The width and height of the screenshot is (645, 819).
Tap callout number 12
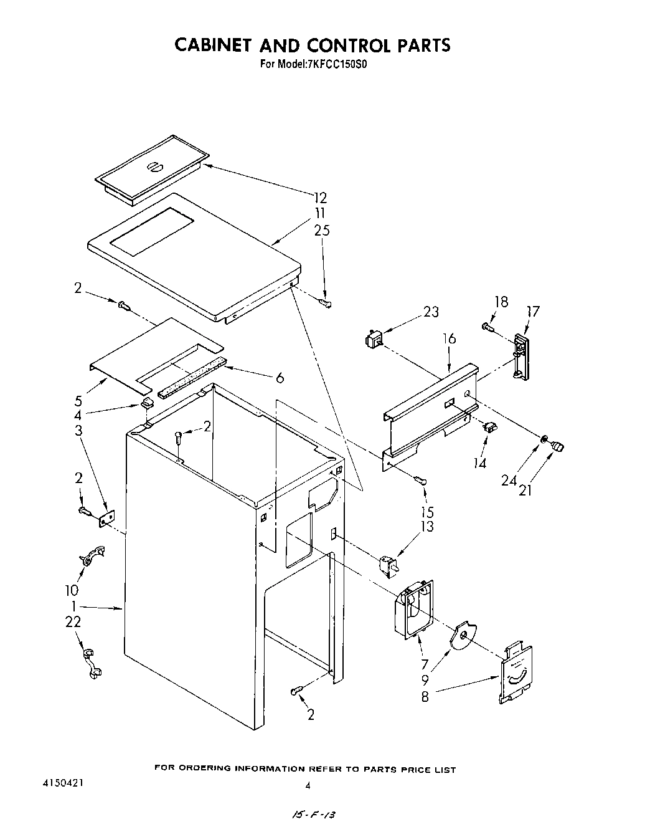pos(319,198)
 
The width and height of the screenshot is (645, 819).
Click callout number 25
pos(322,231)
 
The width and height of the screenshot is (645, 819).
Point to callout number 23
pos(431,312)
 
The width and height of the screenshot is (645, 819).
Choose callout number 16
pos(449,338)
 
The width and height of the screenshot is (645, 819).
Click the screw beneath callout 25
pos(324,303)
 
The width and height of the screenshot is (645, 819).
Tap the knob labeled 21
pos(558,446)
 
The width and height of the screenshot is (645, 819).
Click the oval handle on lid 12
pos(154,166)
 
